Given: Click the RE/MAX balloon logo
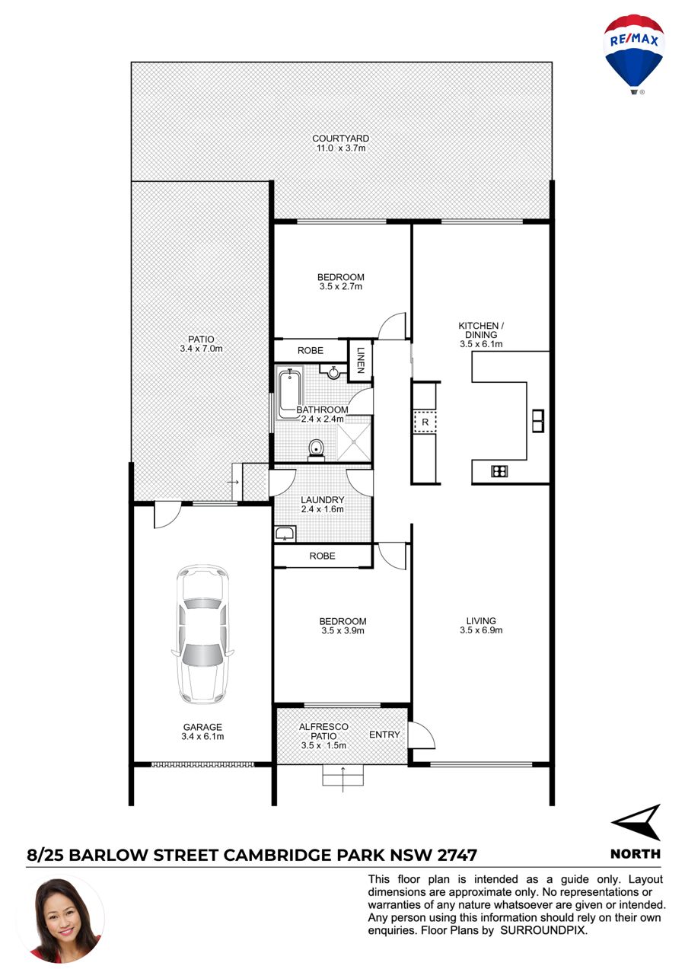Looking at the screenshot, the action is coord(633,54).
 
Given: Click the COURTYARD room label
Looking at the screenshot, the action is coord(341,139).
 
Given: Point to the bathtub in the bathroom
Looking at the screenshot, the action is coord(290,394).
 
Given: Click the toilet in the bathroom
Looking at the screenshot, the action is coord(316,449).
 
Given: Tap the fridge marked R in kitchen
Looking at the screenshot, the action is coord(425,422).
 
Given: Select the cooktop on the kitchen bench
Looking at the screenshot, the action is coord(499,470).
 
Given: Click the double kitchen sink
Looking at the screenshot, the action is coord(538,420).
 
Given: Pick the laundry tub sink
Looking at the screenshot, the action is coord(285,534).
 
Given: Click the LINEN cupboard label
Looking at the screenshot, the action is coord(361,360).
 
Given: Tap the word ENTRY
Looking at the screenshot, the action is coord(384,735).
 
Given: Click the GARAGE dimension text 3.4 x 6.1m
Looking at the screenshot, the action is coord(202,736).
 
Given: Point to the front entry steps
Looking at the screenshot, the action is coord(343,775).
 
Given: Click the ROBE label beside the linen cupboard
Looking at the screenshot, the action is coord(311,350).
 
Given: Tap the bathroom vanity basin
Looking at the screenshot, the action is coord(333,371).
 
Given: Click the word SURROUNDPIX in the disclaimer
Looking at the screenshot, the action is coord(543,930).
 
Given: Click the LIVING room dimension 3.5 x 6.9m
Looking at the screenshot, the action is coord(481,630).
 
